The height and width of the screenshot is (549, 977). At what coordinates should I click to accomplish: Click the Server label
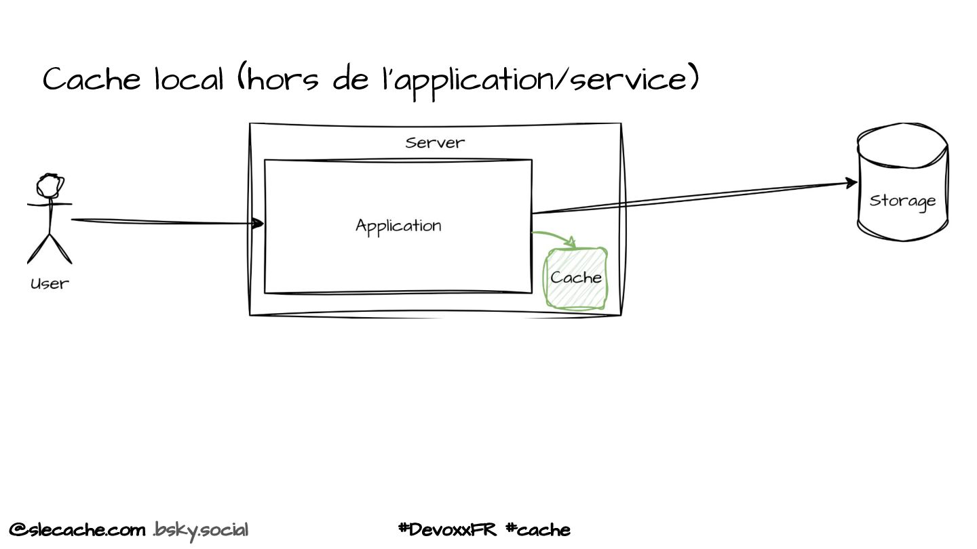[x=435, y=143]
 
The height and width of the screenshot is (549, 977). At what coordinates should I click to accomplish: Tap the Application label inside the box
[x=398, y=226]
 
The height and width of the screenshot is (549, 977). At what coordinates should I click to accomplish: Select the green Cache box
[x=577, y=278]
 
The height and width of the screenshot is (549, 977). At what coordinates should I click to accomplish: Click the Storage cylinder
[x=902, y=184]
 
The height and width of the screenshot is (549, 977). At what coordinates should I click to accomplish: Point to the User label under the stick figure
[x=50, y=284]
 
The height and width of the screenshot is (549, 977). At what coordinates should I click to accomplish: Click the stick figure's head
[x=50, y=184]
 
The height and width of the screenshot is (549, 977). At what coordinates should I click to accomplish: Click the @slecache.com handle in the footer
[x=77, y=529]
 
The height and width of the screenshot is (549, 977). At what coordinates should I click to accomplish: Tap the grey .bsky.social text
[x=201, y=529]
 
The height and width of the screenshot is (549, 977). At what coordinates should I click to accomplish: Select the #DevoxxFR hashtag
[x=448, y=529]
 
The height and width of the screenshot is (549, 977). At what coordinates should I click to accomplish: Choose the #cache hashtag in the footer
[x=538, y=529]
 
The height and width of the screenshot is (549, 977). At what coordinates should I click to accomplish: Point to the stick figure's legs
[x=50, y=247]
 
